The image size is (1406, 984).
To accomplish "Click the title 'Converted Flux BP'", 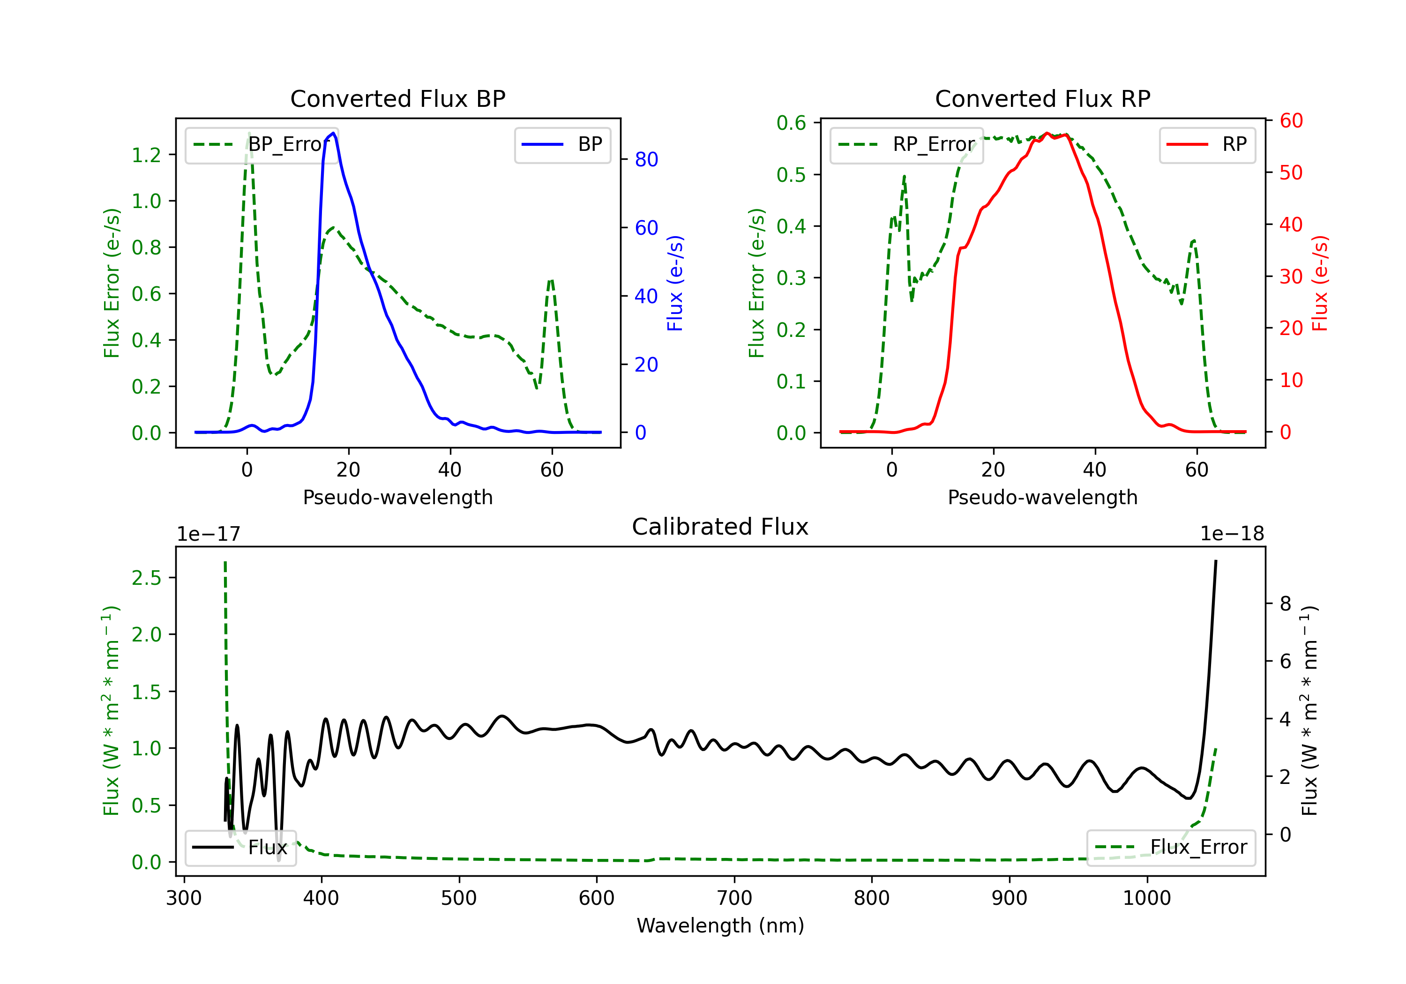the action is (x=397, y=98).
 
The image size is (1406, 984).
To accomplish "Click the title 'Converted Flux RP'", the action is (x=1042, y=98).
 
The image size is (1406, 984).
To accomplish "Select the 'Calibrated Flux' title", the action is (x=720, y=527).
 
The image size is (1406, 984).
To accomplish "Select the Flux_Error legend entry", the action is (x=1171, y=848).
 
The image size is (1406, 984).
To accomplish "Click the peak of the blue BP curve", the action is (x=333, y=133).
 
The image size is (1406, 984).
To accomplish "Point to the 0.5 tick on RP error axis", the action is (x=791, y=175).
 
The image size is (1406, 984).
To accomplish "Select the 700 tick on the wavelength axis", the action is (x=734, y=898).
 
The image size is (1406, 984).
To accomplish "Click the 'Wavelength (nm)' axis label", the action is (x=720, y=926).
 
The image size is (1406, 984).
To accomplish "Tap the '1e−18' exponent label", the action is (x=1232, y=534).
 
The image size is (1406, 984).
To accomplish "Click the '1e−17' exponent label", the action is (x=209, y=534).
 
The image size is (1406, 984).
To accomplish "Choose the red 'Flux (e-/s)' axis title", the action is (x=1320, y=283).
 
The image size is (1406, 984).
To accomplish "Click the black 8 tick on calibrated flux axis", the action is (x=1286, y=604).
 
